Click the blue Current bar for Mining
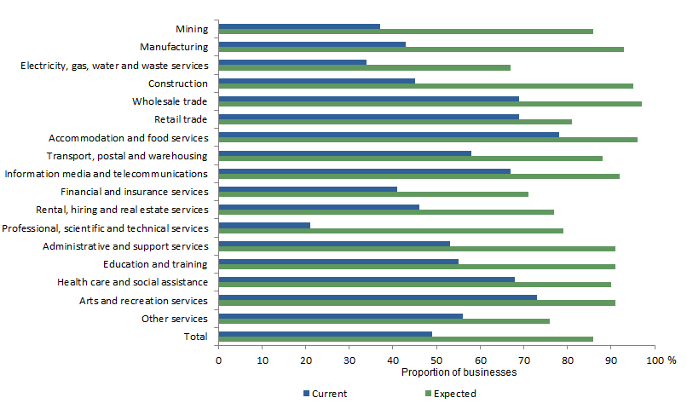[x=299, y=26]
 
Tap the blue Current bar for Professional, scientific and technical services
[x=264, y=226]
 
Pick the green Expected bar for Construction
[x=425, y=85]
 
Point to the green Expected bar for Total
[x=406, y=339]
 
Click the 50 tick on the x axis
[x=436, y=360]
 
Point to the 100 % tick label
[x=661, y=360]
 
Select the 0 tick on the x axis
[x=218, y=360]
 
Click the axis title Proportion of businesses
[x=459, y=372]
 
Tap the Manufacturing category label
[x=173, y=48]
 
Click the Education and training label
[x=155, y=264]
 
